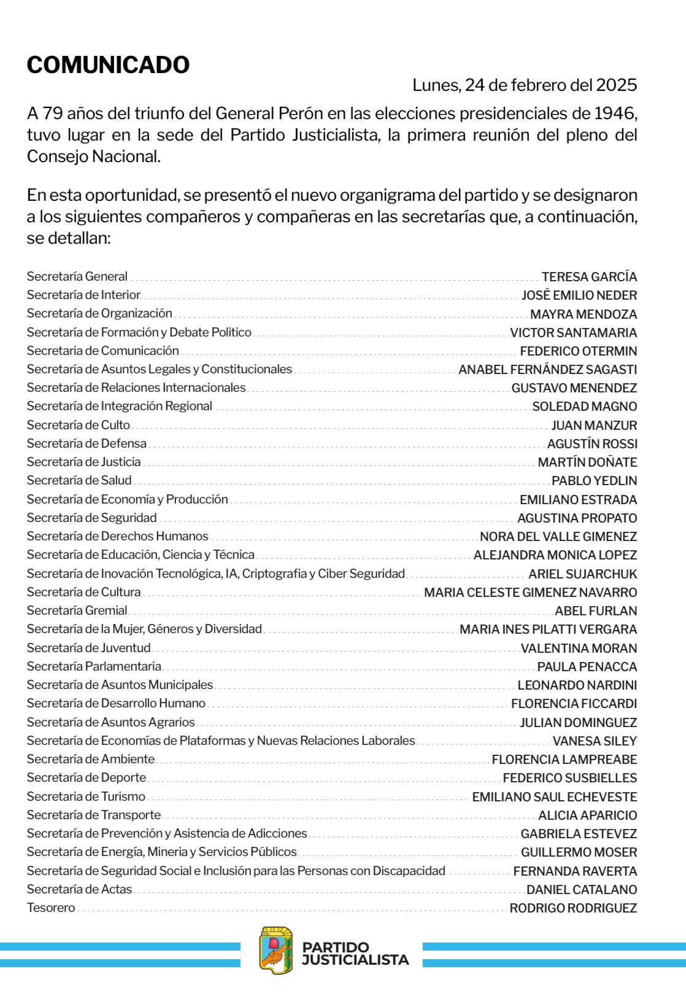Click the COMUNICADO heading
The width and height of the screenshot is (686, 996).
coord(108,64)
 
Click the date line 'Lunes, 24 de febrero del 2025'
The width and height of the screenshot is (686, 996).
coord(525,85)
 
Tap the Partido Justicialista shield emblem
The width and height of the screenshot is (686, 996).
coord(276,951)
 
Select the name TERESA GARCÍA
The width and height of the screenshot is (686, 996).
coord(589,276)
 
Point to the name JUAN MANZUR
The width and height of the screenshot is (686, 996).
coord(594,425)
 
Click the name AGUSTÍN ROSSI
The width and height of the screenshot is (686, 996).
coord(592,443)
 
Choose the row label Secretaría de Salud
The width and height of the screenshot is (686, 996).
coord(79,480)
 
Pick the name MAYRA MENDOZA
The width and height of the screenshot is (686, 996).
coord(584,314)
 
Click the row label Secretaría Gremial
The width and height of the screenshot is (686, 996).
coord(77,610)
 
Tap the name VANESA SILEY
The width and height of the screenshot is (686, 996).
coord(595,741)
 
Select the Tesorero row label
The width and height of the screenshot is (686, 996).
coord(51,908)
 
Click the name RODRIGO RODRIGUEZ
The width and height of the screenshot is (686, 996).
coord(573,908)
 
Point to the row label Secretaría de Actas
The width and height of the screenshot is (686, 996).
coord(79,889)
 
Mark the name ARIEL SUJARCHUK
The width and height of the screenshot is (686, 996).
coord(583,574)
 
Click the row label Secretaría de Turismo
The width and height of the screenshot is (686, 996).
coord(86,796)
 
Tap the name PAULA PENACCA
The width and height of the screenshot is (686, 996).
coord(587,666)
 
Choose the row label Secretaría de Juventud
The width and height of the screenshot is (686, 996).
coord(88,648)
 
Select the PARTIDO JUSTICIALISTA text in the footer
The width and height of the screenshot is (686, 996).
coord(355,953)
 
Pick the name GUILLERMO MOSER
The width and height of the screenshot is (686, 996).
coord(579,852)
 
